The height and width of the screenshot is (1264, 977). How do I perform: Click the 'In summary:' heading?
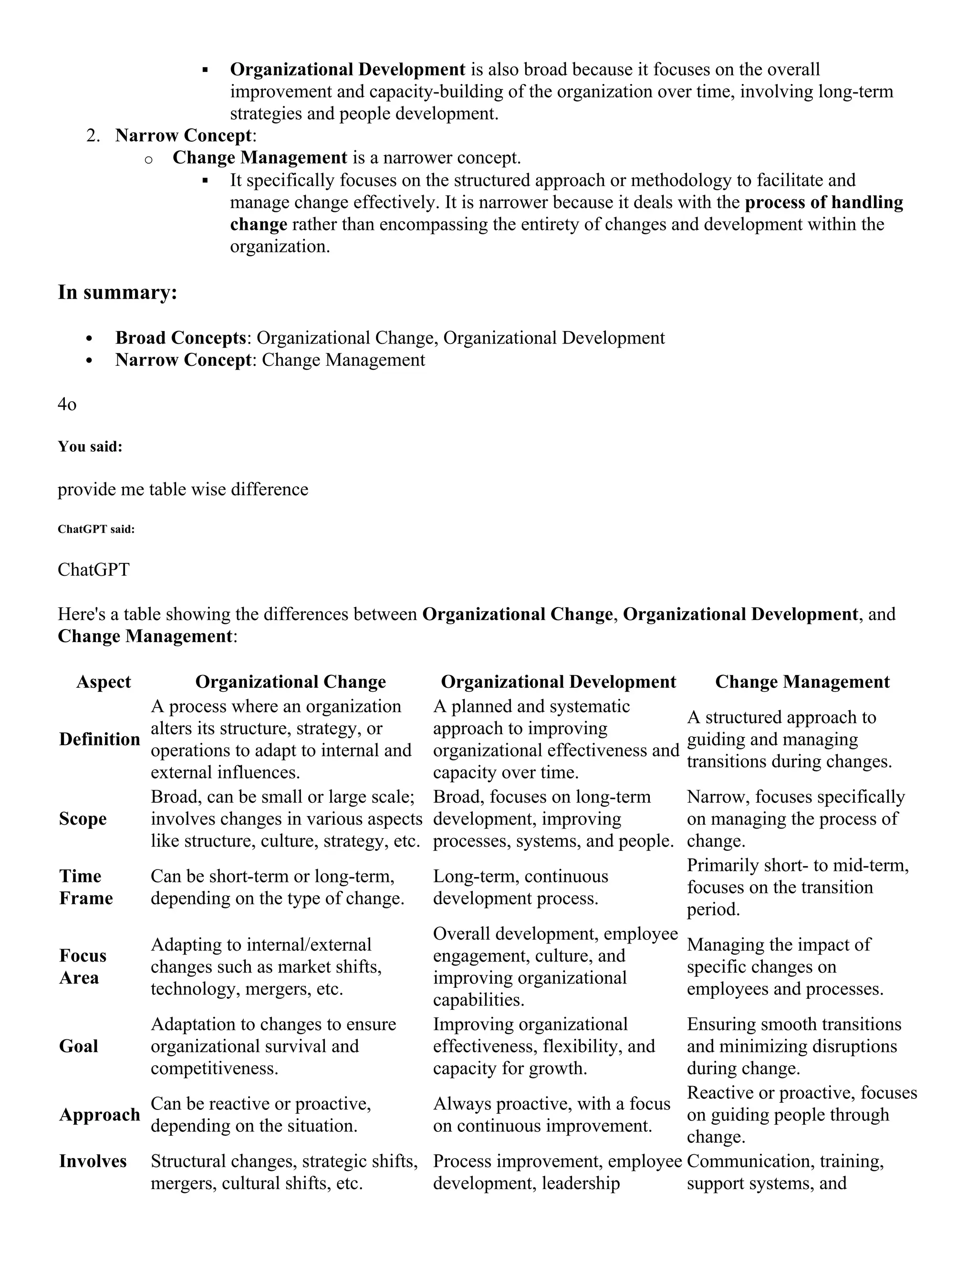tap(117, 292)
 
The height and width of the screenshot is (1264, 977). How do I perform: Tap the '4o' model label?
tap(67, 404)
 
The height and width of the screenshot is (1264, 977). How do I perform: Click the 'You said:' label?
tap(90, 447)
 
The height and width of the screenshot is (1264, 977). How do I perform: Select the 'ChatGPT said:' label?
tap(96, 529)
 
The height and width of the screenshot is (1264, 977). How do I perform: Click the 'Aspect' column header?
tap(104, 682)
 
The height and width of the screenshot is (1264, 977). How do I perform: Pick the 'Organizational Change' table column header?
tap(291, 682)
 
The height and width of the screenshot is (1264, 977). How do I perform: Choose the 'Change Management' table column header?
tap(802, 682)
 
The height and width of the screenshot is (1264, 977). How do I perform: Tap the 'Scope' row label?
tap(83, 819)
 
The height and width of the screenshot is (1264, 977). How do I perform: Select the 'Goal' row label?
tap(78, 1046)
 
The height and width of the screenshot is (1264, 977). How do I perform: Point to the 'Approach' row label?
tap(100, 1115)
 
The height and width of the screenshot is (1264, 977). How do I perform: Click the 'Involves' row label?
tap(93, 1161)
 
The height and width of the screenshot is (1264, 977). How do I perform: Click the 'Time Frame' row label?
tap(86, 887)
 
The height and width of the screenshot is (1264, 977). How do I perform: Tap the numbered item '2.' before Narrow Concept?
tap(93, 135)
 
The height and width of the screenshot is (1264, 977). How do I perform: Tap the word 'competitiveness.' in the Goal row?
tap(215, 1068)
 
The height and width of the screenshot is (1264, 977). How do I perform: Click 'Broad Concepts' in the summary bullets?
tap(181, 338)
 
